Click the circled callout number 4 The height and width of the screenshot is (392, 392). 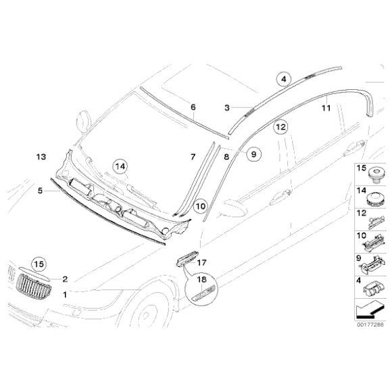[284, 78]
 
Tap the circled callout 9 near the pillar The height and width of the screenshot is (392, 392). [251, 155]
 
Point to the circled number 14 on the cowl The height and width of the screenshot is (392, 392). [120, 166]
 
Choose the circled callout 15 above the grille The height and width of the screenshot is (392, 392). [38, 264]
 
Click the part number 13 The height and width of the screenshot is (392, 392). [41, 157]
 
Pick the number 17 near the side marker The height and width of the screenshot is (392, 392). [201, 262]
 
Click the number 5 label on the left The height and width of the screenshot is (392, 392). [40, 191]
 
